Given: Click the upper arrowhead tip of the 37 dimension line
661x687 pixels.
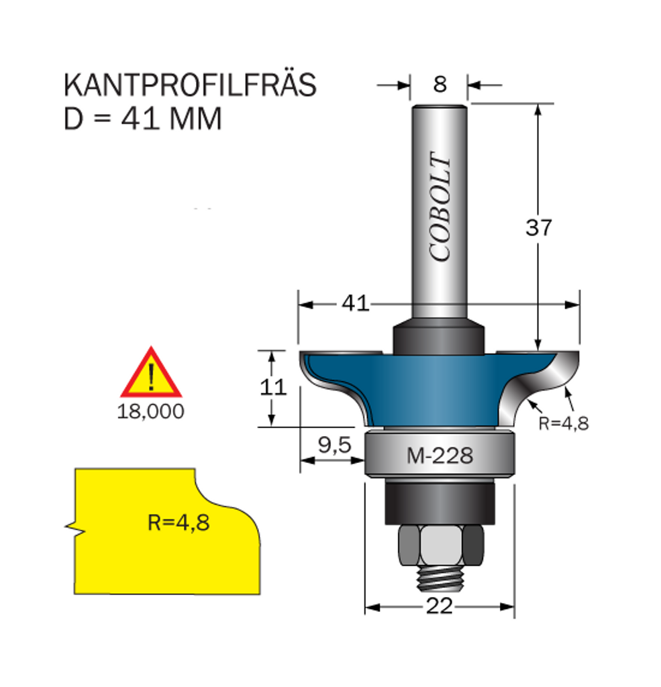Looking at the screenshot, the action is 538,105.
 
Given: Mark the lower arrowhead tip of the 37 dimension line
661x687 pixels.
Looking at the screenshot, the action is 538,350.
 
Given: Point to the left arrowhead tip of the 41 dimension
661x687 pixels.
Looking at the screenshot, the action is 299,305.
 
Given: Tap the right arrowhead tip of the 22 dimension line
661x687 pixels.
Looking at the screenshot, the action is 514,606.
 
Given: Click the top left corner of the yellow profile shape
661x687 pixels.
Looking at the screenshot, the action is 75,469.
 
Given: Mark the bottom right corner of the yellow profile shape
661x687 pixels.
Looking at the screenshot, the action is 260,594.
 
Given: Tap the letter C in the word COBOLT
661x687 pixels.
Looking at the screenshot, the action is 440,251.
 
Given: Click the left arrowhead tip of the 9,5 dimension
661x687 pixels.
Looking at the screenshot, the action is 301,460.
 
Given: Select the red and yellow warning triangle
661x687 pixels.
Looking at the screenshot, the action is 151,372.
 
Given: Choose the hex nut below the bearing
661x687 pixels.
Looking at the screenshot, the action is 441,545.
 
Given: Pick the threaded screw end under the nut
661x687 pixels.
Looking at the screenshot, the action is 440,578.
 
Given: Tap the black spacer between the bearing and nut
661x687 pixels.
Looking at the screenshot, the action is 440,502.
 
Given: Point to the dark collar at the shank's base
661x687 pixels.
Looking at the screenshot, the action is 439,337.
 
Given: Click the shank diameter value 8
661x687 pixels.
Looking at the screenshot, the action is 440,84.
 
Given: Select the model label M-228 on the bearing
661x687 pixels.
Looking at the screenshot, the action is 440,456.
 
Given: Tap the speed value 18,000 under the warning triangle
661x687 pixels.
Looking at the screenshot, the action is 150,412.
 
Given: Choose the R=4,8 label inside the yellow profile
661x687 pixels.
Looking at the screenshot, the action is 179,523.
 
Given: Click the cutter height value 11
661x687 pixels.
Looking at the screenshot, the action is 273,387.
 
